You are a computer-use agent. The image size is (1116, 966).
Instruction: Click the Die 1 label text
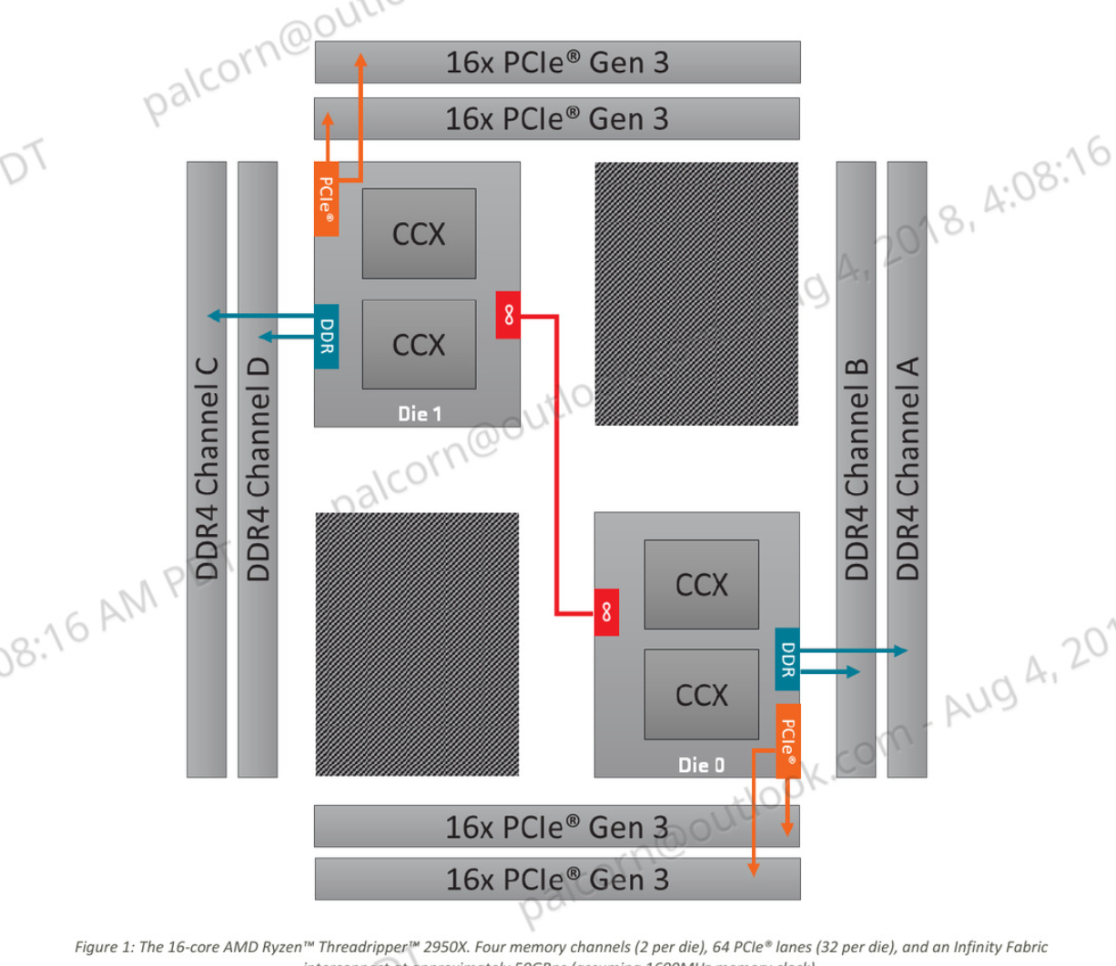pos(420,414)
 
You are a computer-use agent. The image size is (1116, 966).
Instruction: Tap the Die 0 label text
pos(701,765)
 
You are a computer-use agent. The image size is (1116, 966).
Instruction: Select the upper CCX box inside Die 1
pos(419,234)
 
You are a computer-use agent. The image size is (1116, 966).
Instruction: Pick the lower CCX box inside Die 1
pos(419,345)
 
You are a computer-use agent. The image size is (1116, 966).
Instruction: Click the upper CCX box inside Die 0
pos(701,584)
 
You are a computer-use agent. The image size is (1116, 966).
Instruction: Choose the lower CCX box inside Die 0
pos(701,695)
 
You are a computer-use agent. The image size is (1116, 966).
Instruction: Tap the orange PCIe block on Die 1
pos(327,198)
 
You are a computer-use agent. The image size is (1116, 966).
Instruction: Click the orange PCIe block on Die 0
pos(788,740)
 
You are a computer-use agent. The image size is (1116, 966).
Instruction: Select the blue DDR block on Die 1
pos(327,337)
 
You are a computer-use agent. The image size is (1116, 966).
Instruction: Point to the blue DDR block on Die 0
pos(787,659)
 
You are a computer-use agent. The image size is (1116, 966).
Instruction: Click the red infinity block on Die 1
pos(508,315)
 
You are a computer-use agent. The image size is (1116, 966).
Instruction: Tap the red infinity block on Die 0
pos(606,612)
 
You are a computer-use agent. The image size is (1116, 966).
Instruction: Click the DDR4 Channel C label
pos(207,469)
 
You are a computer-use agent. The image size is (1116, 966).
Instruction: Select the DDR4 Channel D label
pos(258,469)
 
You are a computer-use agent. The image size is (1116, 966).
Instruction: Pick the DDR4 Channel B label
pos(856,469)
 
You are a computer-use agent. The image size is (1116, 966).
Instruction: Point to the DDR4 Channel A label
pos(908,469)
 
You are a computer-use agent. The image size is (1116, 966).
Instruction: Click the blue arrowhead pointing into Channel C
pos(214,316)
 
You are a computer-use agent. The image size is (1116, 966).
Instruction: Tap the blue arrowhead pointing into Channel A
pos(900,650)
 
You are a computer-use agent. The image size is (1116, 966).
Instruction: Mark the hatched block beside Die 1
pos(696,294)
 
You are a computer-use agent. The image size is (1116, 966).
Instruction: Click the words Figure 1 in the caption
pos(104,947)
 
